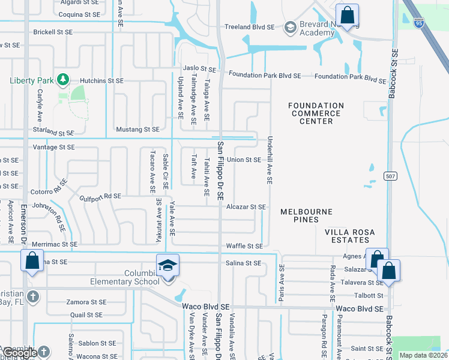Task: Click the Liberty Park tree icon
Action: [x=62, y=80]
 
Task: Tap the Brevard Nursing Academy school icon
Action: [x=291, y=27]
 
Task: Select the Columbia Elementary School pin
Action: [x=168, y=264]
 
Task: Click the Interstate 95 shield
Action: [x=419, y=23]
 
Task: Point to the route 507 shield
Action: [x=391, y=175]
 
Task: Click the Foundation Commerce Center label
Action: [x=316, y=113]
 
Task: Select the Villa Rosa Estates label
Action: [x=350, y=236]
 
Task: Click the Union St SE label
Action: [x=244, y=160]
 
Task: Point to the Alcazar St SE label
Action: [x=246, y=206]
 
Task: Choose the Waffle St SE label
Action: [x=244, y=246]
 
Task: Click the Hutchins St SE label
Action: [x=102, y=80]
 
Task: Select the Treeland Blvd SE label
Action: [x=249, y=27]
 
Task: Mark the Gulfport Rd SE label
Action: [x=100, y=196]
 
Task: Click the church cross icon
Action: [x=33, y=296]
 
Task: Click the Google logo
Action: [x=20, y=353]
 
